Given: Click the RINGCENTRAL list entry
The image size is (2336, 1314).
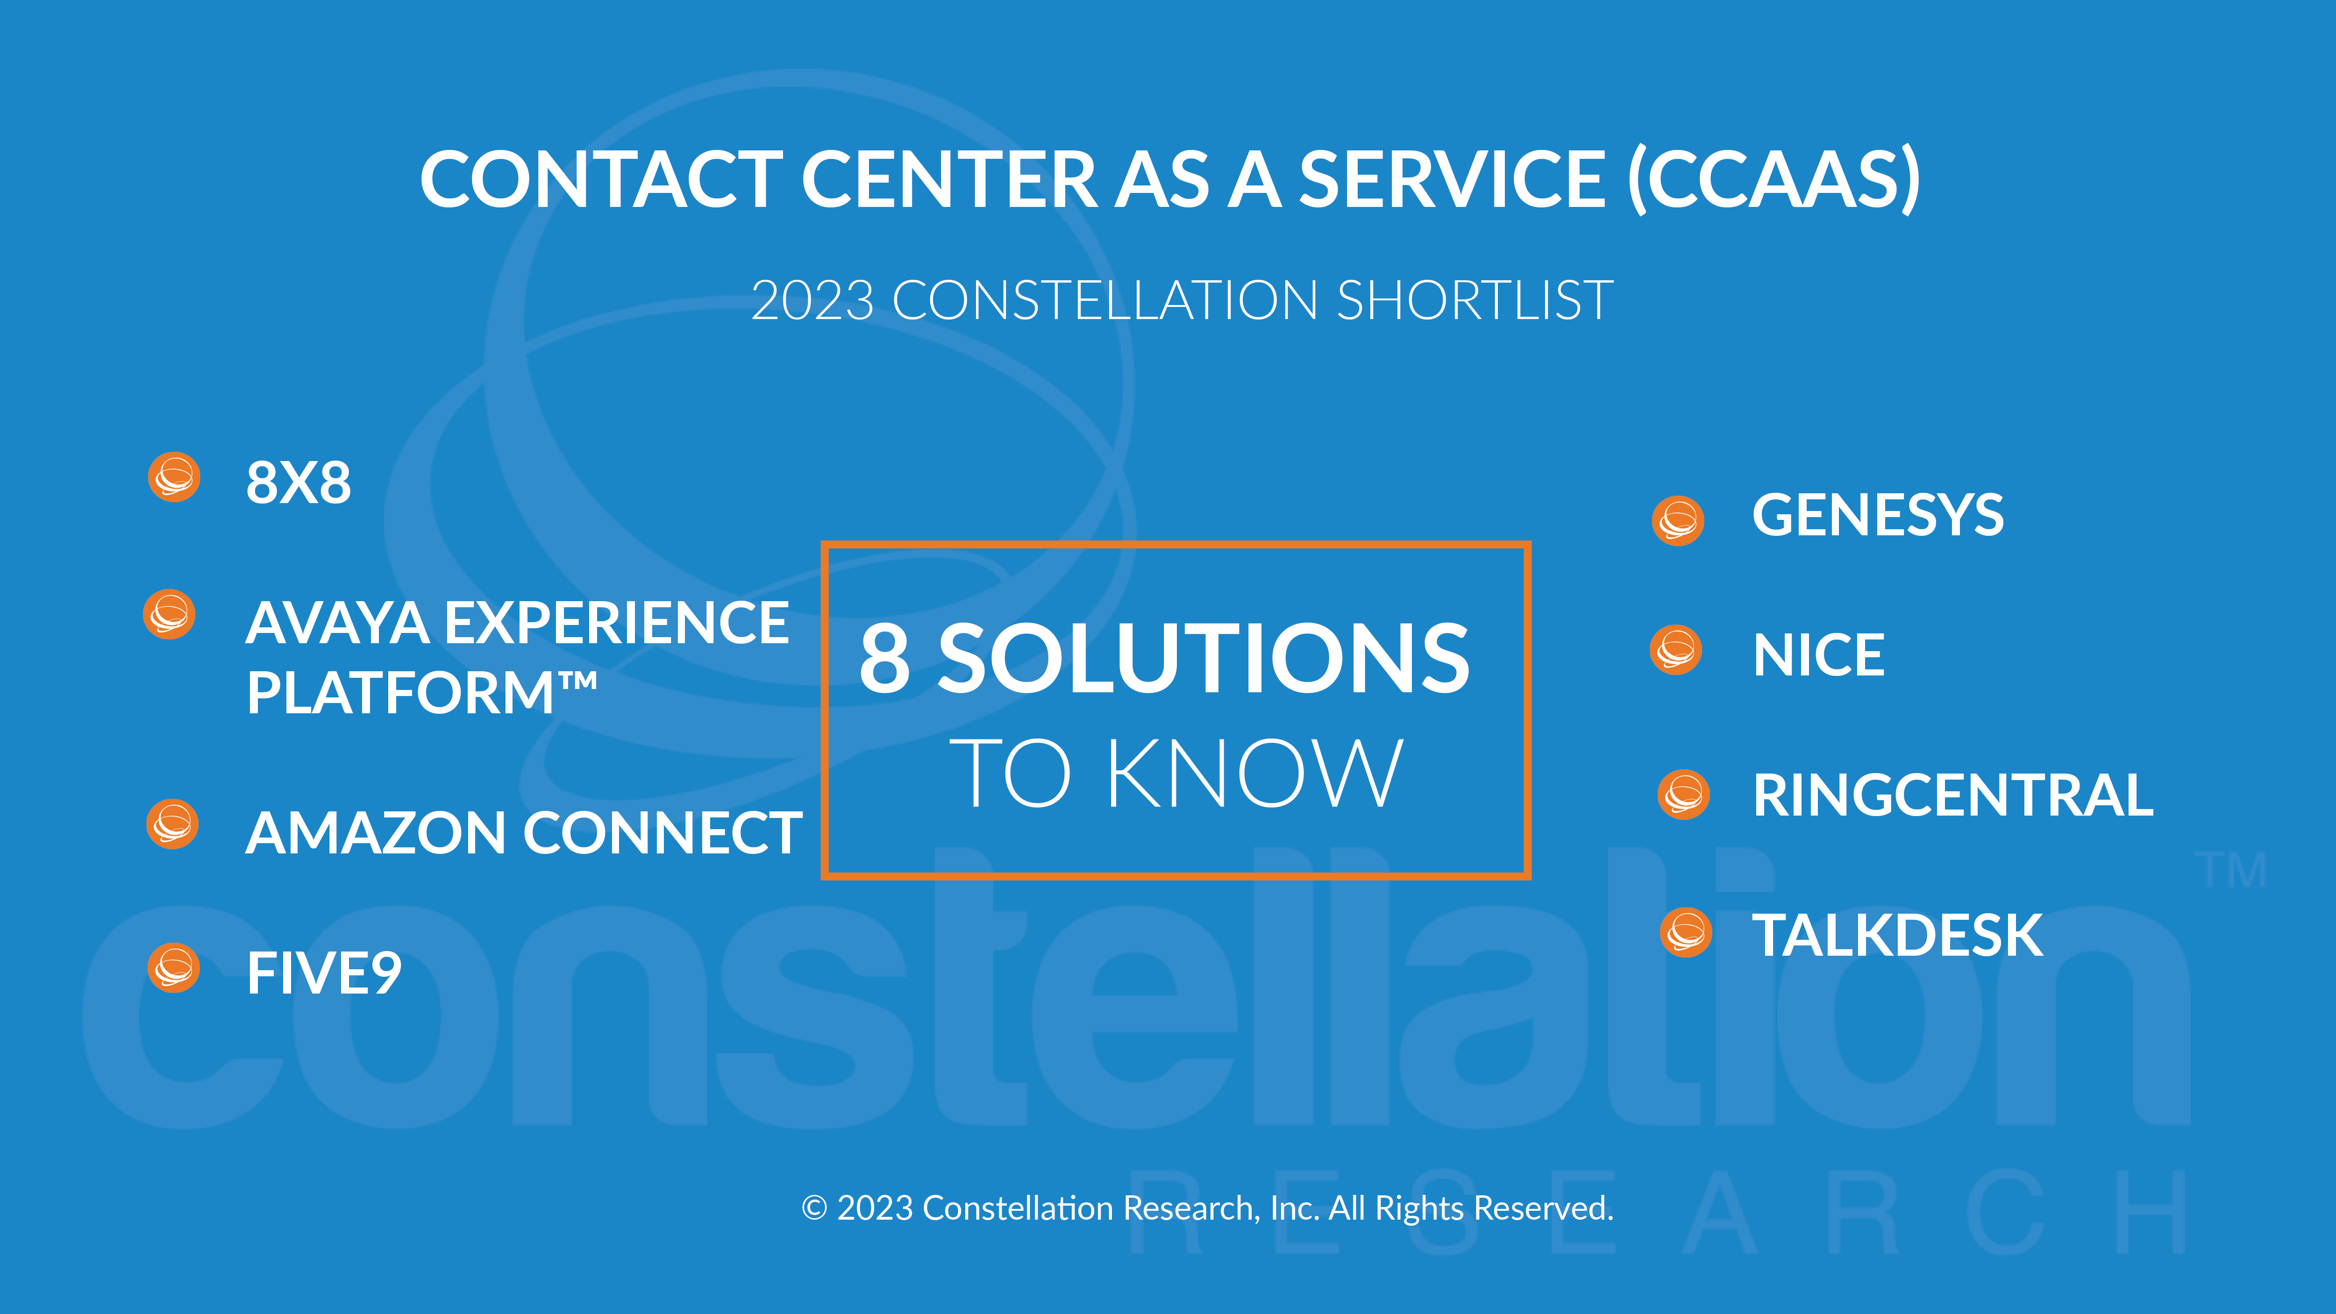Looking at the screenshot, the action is (x=1952, y=796).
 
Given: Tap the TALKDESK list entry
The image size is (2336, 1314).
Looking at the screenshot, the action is (x=1897, y=936).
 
